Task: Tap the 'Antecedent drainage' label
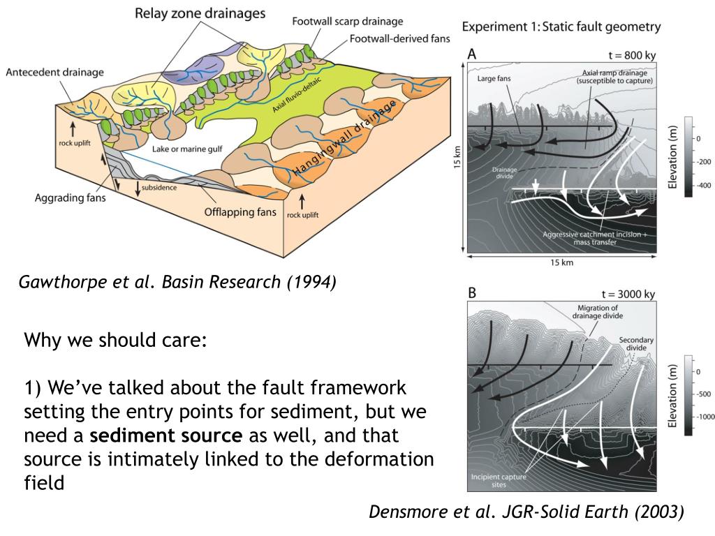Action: coord(54,72)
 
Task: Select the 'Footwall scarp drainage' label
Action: coord(347,22)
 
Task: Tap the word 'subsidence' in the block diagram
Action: coord(159,187)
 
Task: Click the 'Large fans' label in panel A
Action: coord(494,79)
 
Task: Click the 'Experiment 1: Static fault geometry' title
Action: coord(561,27)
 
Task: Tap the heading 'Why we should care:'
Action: coord(115,341)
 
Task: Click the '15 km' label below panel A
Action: coord(562,262)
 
